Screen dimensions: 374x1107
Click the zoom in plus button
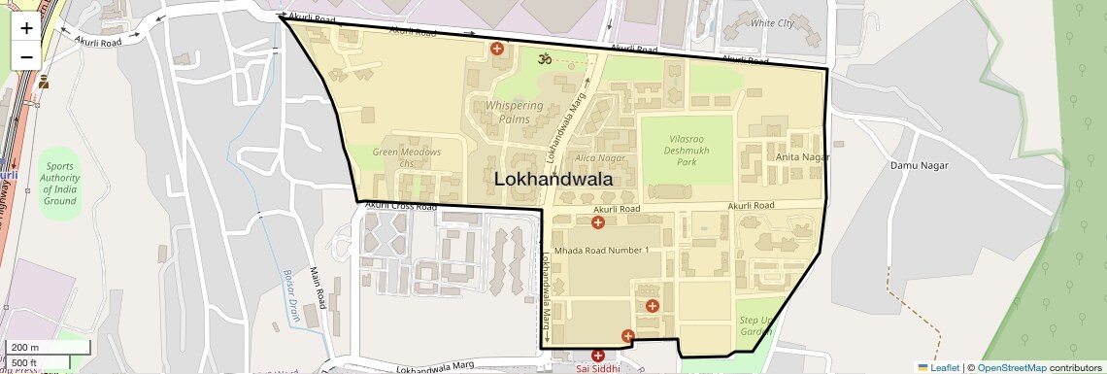click(26, 28)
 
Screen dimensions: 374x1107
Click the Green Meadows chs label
click(407, 157)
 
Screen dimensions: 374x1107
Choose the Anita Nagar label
click(802, 157)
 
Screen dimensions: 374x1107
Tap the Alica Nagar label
click(599, 158)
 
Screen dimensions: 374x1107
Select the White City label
click(772, 23)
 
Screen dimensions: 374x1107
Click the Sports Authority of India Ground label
click(59, 184)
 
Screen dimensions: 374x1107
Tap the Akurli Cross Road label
click(400, 207)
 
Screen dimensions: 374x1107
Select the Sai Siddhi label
click(597, 368)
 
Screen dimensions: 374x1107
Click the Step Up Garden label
click(755, 325)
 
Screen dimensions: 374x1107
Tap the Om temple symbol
click(545, 59)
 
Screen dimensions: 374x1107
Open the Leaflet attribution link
click(938, 367)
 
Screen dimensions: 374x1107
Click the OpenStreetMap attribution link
click(1011, 367)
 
